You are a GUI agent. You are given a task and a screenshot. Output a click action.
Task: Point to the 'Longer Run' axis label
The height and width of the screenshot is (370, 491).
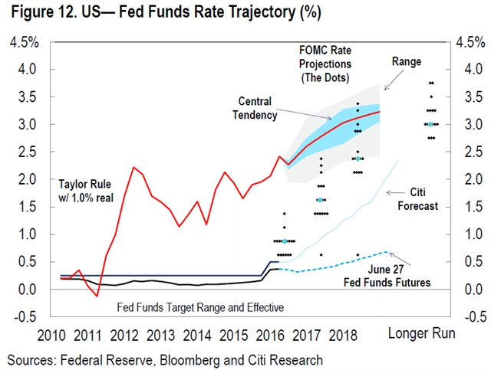(421, 333)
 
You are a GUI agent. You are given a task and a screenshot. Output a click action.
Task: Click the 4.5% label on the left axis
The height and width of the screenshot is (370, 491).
(24, 42)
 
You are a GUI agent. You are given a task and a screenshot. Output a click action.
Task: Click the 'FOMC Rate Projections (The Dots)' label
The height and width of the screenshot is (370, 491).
(325, 64)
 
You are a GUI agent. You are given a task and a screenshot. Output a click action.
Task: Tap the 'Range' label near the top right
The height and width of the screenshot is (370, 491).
(407, 61)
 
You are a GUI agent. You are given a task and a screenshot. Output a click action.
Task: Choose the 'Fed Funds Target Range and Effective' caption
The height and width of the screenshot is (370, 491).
(200, 307)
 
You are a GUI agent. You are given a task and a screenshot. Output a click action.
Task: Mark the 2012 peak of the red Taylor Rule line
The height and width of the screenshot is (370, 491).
(133, 167)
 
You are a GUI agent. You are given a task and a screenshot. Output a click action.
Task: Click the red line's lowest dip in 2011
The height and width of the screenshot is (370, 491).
(97, 296)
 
